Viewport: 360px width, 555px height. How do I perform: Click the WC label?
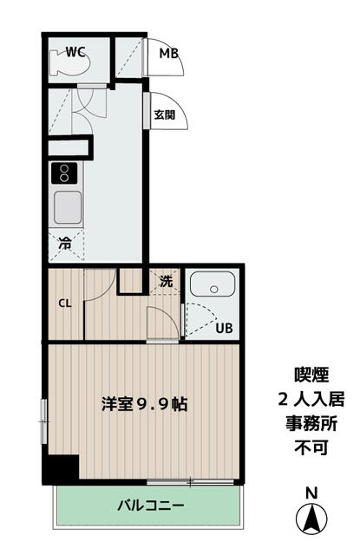[x=75, y=52]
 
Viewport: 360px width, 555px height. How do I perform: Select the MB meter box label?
[x=168, y=53]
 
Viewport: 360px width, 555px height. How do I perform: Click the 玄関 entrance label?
[x=165, y=114]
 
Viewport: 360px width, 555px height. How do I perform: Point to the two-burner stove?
[x=64, y=173]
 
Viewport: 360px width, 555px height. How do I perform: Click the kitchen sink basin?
[x=68, y=207]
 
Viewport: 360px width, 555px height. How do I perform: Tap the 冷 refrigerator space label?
[x=65, y=243]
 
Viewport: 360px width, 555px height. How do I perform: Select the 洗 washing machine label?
[x=166, y=281]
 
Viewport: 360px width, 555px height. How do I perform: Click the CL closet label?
[x=65, y=303]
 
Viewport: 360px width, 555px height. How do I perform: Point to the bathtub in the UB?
[x=213, y=284]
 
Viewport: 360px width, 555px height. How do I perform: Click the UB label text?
[x=225, y=328]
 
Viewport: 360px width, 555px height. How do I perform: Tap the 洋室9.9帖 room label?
[x=144, y=403]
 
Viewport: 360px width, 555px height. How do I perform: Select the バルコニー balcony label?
[x=151, y=505]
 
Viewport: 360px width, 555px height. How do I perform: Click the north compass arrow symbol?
[x=311, y=519]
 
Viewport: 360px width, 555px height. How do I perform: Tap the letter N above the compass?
[x=311, y=493]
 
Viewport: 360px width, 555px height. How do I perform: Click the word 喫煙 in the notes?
[x=311, y=375]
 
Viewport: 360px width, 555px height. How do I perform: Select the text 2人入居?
[x=311, y=399]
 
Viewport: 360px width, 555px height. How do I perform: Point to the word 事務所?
[x=311, y=424]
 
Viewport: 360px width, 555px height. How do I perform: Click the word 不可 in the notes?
[x=311, y=448]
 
